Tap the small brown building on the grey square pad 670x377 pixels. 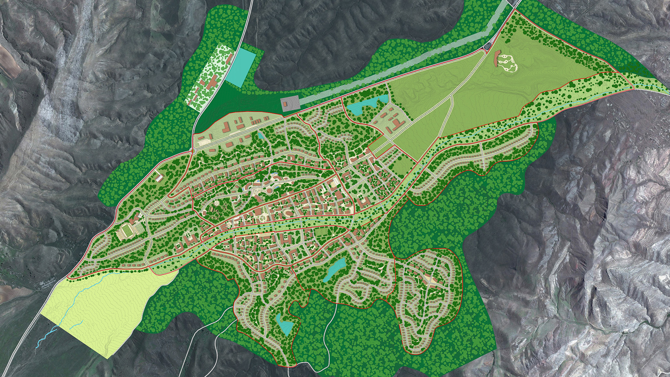tap(285, 104)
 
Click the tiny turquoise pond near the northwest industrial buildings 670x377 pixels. tap(260, 135)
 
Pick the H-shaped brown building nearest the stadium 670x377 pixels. tap(189, 239)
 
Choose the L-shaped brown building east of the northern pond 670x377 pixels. tap(398, 124)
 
